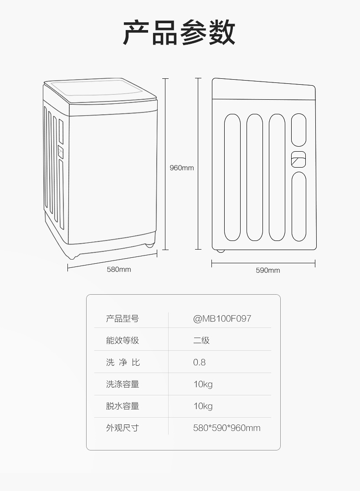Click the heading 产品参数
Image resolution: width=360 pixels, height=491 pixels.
[x=180, y=32]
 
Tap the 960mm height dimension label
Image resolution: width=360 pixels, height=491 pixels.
[x=181, y=168]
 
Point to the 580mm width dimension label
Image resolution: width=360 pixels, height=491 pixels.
[x=119, y=269]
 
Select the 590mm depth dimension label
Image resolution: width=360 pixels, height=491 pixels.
[x=267, y=270]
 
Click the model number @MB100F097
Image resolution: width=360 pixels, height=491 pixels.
[x=222, y=318]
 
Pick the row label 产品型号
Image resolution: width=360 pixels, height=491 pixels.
[x=122, y=318]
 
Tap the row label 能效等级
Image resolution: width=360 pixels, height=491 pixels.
[x=122, y=340]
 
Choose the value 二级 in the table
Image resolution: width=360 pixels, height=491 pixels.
[x=201, y=340]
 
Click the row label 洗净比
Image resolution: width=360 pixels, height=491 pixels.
[x=122, y=362]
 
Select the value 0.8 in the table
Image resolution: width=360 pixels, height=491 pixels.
[x=199, y=362]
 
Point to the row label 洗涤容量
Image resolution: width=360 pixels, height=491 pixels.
[x=122, y=384]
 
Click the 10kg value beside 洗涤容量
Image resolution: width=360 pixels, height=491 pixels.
[x=203, y=384]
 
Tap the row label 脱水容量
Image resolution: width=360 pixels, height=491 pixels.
[x=122, y=406]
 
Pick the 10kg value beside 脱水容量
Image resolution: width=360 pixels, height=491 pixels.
[x=203, y=406]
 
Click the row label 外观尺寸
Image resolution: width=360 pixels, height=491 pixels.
[x=122, y=428]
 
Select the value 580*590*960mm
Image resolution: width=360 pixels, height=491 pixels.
[x=226, y=428]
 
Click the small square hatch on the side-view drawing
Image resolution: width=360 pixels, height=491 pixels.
[x=298, y=159]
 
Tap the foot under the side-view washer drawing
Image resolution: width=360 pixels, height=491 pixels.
[x=221, y=250]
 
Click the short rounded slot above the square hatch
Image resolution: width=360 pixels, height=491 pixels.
[x=298, y=130]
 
